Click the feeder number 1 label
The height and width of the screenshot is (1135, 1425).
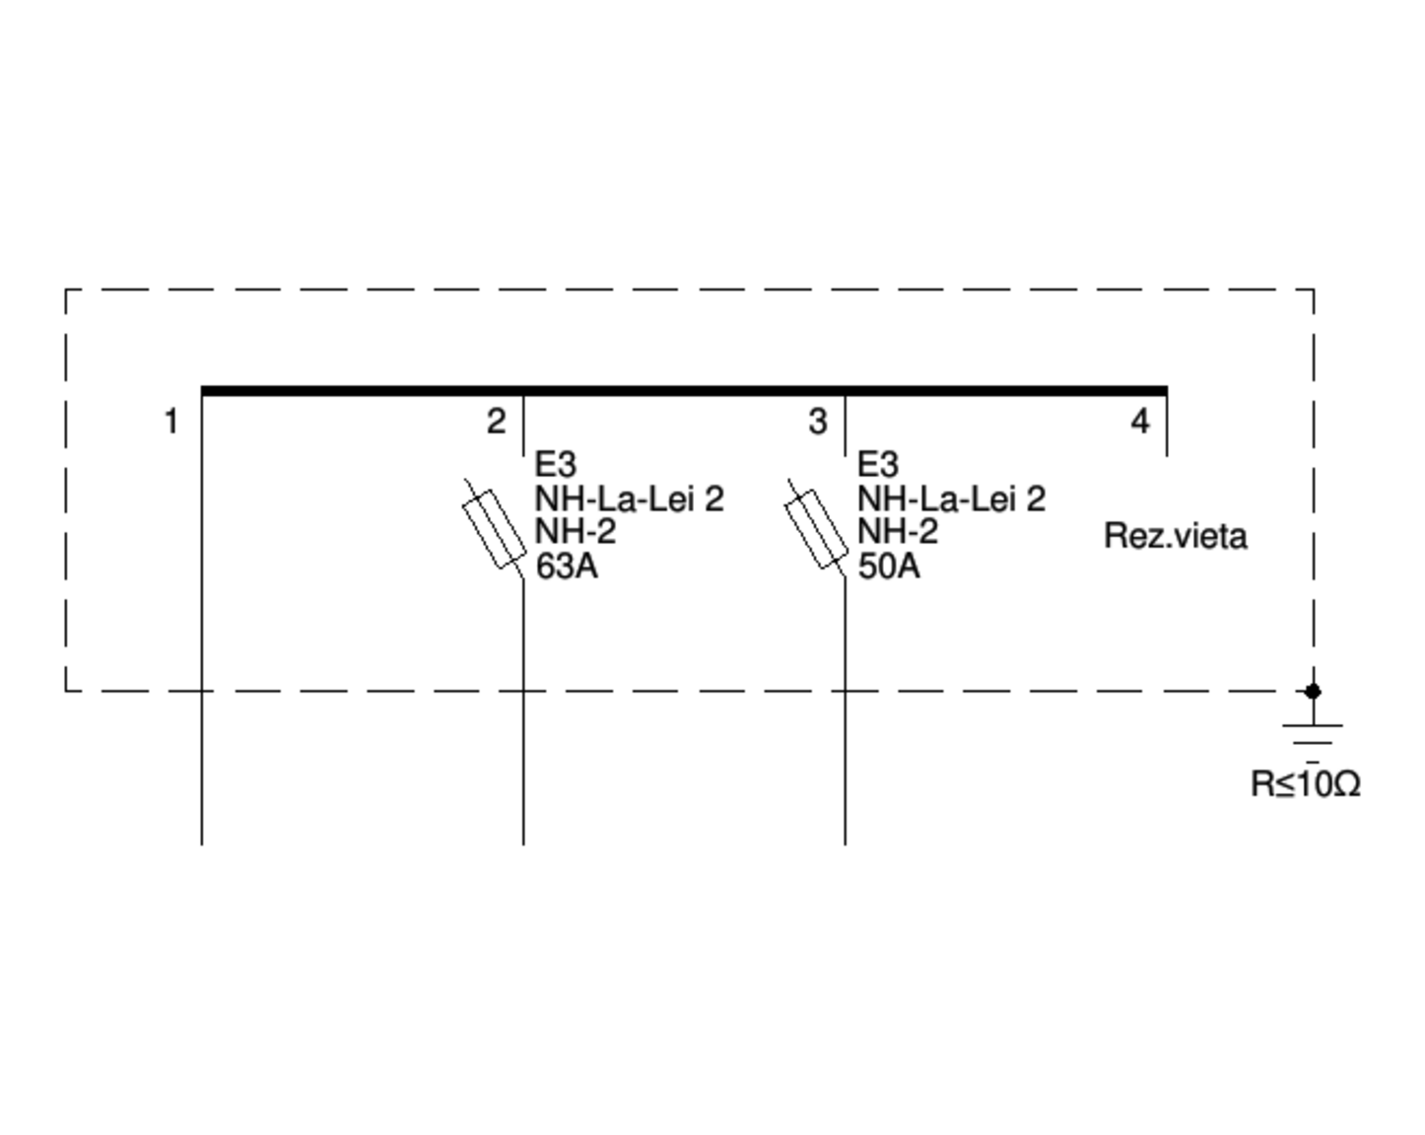pos(171,422)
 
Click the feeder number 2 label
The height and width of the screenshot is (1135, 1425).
pos(496,422)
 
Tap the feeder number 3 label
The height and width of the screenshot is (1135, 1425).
pos(818,422)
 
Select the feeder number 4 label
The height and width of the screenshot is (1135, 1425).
pos(1140,422)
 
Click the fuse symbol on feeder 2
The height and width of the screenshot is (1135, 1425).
pos(494,530)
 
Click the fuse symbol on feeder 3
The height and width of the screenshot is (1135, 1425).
pos(816,530)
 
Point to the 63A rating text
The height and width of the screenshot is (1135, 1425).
pos(567,567)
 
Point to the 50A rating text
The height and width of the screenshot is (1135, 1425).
pos(889,567)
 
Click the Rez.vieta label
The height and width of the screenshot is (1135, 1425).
pos(1176,536)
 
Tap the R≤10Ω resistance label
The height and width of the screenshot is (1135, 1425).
pos(1306,784)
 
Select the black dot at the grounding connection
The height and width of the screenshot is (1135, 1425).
pos(1313,692)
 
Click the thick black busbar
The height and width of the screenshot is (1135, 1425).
pos(684,391)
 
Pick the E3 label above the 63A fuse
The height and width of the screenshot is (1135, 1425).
pos(556,464)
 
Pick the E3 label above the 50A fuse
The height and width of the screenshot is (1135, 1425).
pos(878,464)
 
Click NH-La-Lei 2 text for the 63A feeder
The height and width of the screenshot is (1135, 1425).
pos(630,499)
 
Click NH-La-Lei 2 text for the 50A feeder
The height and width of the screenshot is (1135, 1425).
pos(952,499)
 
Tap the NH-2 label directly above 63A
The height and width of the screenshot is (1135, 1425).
pos(576,532)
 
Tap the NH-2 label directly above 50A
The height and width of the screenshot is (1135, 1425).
pos(898,532)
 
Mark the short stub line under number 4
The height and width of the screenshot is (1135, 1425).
pos(1168,427)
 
